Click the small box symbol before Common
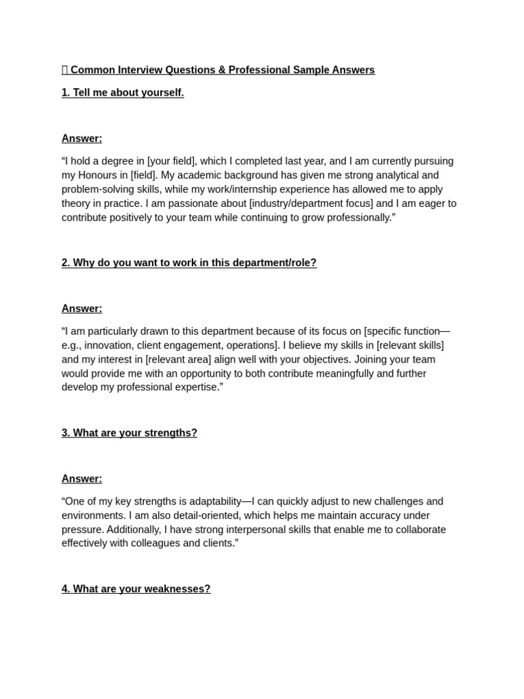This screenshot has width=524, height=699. point(65,70)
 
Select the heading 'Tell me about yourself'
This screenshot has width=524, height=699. point(123,93)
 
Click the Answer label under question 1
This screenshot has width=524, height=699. point(82,139)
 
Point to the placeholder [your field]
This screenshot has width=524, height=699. point(172,161)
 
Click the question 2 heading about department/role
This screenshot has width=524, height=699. point(189,263)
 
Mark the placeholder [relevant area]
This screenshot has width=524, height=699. point(181,359)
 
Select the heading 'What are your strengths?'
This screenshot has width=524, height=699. point(130,433)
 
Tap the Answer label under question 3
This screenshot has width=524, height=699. point(82,479)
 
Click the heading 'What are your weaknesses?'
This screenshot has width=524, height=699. point(136,588)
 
